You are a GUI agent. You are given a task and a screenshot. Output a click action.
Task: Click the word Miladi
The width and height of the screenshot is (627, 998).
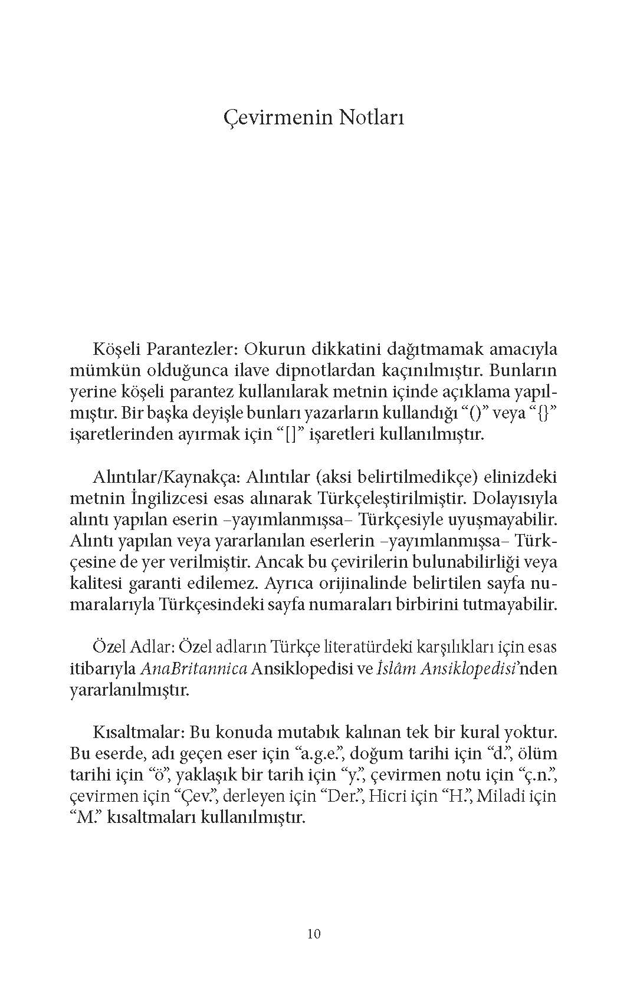click(x=503, y=796)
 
